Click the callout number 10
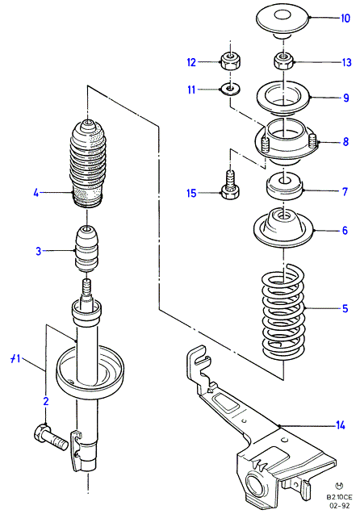coord(345,18)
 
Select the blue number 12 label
coord(191,62)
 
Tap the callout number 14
coord(341,425)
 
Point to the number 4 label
coord(36,193)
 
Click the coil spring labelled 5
coord(283,311)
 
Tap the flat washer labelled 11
coord(230,89)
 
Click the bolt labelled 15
coord(231,185)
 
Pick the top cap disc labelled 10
coord(283,19)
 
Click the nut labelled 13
coord(283,61)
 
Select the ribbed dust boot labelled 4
coord(87,164)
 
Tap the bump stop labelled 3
coord(87,249)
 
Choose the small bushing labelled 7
coord(284,186)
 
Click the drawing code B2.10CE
coord(339,497)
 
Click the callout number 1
coord(15,359)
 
